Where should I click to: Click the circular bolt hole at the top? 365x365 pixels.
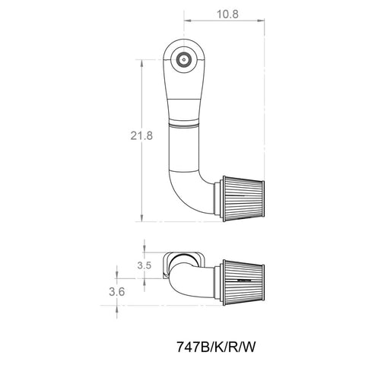183,59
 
